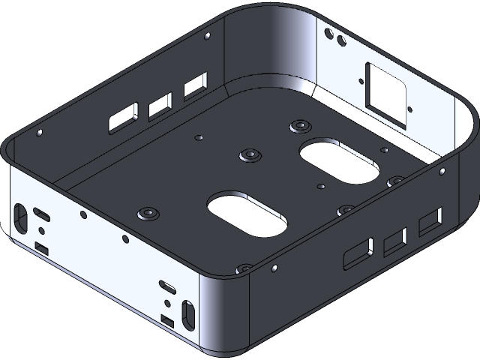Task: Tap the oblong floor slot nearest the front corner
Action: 247,214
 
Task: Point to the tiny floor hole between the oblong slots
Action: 320,185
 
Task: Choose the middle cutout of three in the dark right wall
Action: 394,242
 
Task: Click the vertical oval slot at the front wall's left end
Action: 19,216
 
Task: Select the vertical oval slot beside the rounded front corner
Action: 187,311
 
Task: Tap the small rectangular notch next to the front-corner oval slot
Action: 169,322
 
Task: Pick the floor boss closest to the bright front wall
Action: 148,213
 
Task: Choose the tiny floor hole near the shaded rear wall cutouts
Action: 199,138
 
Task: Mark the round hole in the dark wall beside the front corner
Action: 275,267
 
